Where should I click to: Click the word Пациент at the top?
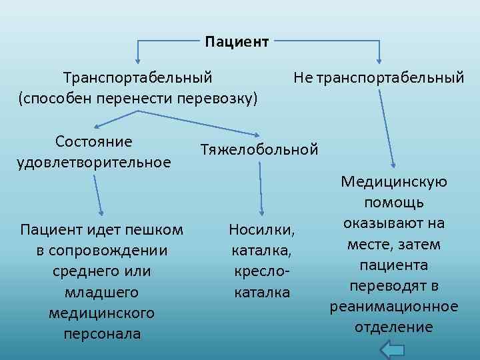237,42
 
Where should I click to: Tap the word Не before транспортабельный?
303,78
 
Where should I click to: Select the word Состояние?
94,141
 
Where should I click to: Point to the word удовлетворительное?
93,161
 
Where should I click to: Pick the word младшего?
102,292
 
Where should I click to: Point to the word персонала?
102,333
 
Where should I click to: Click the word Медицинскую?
394,182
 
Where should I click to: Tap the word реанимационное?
394,307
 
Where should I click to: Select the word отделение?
394,327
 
